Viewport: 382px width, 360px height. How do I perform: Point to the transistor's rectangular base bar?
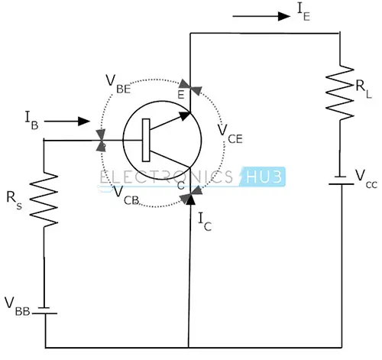coord(146,140)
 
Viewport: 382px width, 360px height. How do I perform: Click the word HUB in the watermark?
coord(264,177)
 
